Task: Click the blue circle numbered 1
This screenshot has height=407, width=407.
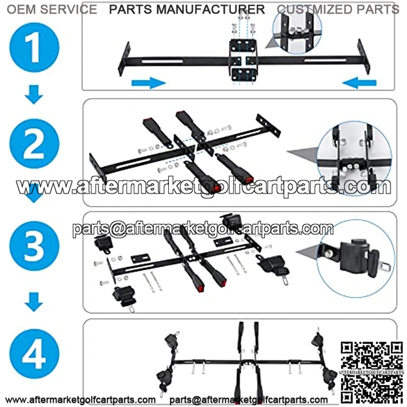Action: tap(34, 47)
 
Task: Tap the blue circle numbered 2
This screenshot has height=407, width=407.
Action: tap(34, 143)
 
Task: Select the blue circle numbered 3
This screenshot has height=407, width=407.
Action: tap(34, 246)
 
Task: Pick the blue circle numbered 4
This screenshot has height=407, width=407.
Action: tap(34, 354)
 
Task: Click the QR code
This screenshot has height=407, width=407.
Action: tap(372, 372)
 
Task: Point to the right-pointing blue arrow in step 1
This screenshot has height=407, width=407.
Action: tap(149, 83)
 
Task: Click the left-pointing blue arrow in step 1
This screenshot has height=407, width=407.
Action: tap(359, 83)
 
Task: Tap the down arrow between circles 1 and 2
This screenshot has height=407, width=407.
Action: tap(34, 95)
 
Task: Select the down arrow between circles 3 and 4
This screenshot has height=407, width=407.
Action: tap(34, 302)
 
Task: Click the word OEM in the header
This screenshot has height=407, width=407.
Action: tap(21, 10)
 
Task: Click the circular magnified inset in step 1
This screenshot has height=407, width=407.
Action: tap(297, 30)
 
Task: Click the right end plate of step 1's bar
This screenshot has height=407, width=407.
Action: tap(363, 56)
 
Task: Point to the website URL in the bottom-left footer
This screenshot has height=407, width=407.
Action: tap(80, 400)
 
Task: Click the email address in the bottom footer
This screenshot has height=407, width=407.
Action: tap(248, 400)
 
